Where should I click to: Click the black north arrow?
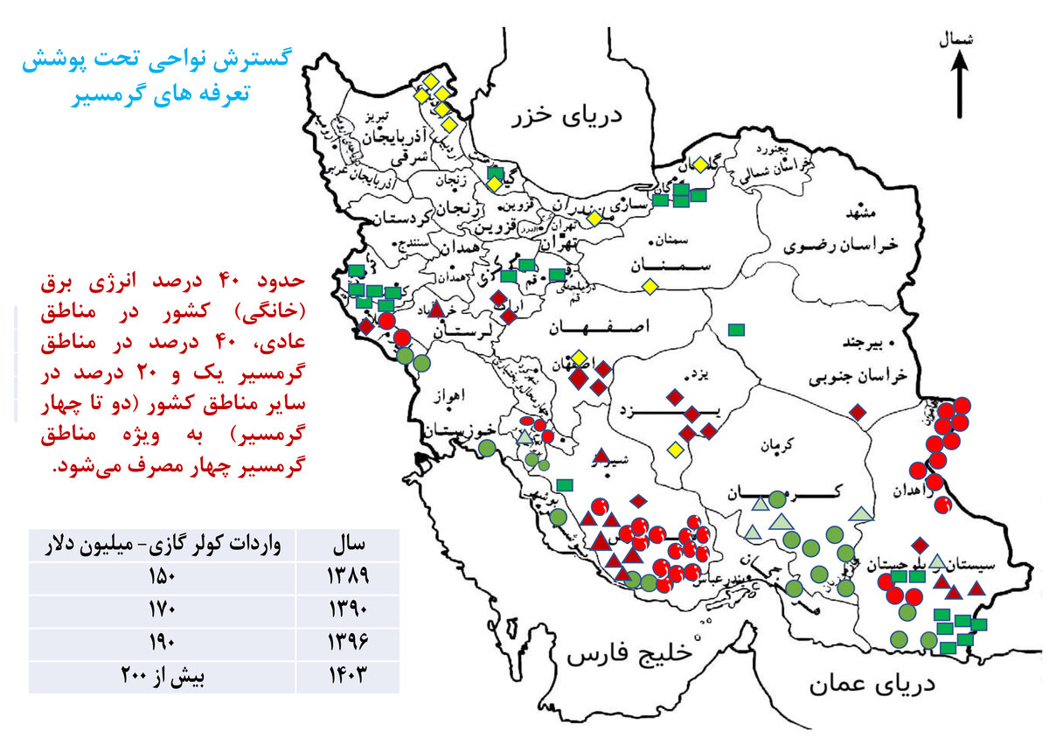(959, 84)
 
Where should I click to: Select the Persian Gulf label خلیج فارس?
(629, 654)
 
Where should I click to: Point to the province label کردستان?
(401, 218)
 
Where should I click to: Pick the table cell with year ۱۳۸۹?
(348, 577)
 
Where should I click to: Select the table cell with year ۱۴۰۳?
(348, 675)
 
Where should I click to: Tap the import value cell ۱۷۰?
(163, 609)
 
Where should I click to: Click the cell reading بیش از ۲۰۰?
(163, 675)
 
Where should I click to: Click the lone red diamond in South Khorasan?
(858, 412)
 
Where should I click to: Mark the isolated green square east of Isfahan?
(736, 330)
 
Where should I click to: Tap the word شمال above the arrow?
(955, 40)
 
